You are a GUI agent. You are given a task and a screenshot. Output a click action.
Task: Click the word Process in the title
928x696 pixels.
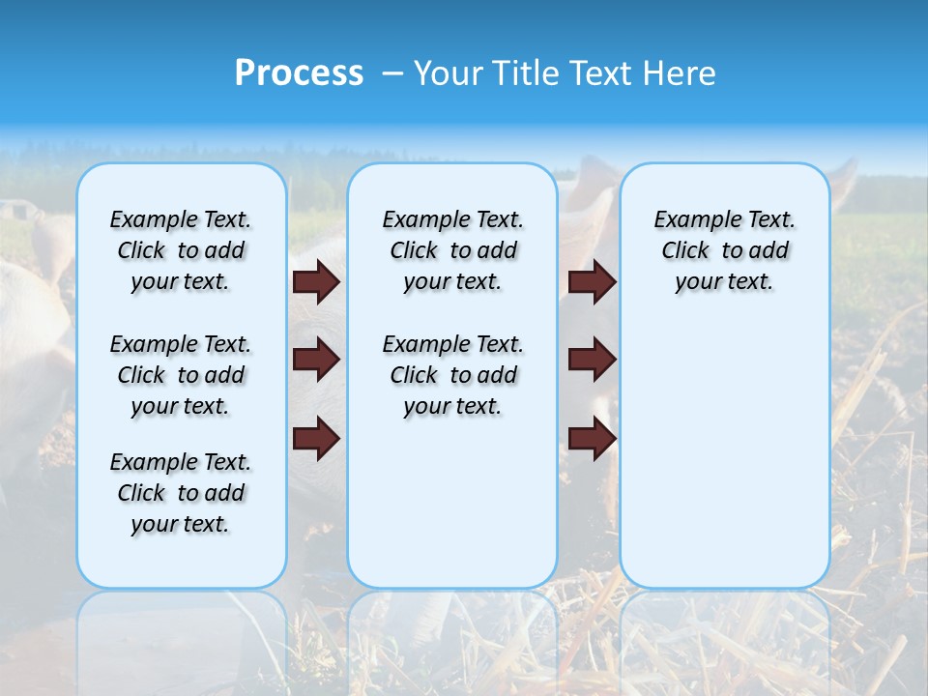tap(299, 73)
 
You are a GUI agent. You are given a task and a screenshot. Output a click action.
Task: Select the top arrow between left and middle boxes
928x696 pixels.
tap(316, 282)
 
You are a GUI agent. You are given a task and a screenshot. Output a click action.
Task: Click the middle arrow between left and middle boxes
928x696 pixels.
tap(316, 361)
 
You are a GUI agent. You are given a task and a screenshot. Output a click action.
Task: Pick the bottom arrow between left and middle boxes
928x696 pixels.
tap(316, 439)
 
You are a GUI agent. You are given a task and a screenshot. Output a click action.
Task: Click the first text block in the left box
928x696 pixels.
tap(181, 250)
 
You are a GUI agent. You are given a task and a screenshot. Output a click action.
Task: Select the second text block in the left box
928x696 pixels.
tap(181, 375)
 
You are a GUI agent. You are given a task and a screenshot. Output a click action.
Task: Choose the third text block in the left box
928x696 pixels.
tap(181, 493)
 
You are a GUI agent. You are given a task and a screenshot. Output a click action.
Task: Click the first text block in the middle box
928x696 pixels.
tap(452, 250)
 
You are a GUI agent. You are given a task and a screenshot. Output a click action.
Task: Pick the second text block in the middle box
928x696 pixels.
tap(452, 375)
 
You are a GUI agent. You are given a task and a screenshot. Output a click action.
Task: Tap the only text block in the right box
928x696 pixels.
tap(724, 250)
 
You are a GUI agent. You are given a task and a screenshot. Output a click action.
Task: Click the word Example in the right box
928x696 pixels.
tap(691, 220)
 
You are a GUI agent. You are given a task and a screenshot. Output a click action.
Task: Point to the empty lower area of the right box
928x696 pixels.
tap(724, 454)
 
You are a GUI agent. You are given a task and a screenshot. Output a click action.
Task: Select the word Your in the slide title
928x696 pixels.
tap(449, 73)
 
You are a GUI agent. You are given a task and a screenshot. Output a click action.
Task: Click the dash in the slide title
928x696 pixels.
tap(393, 73)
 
